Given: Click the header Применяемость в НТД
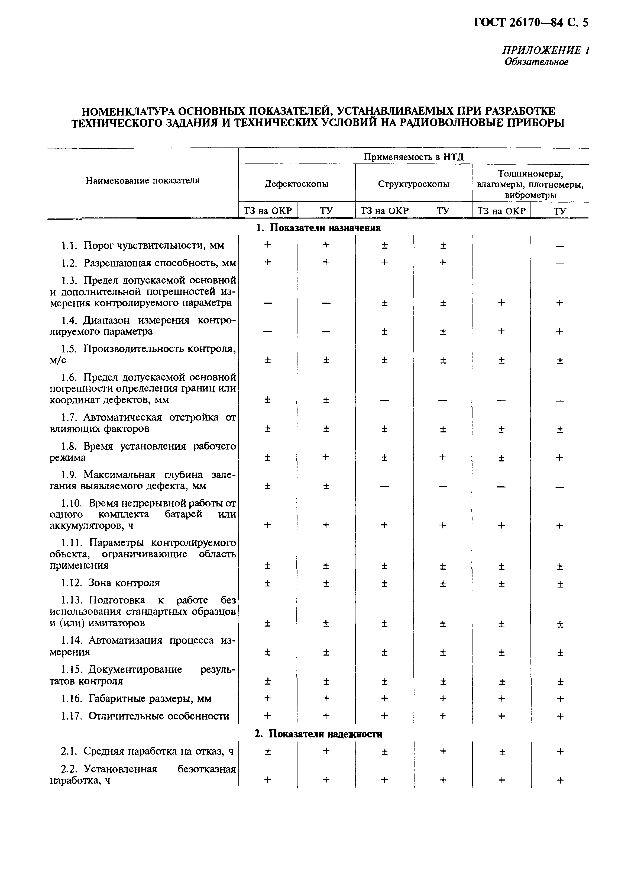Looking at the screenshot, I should [414, 157].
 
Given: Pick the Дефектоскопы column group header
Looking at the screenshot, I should [296, 184].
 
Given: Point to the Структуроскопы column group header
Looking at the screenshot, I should [414, 184].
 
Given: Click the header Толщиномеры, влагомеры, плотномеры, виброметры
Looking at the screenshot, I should [530, 184].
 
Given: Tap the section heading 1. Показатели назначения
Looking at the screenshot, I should [318, 228].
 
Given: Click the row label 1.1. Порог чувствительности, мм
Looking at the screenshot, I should [143, 245].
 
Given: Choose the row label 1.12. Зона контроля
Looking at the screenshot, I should [111, 583].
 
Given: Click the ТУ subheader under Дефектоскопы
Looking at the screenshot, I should [326, 211].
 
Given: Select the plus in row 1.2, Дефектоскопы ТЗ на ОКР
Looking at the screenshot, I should [267, 262].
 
